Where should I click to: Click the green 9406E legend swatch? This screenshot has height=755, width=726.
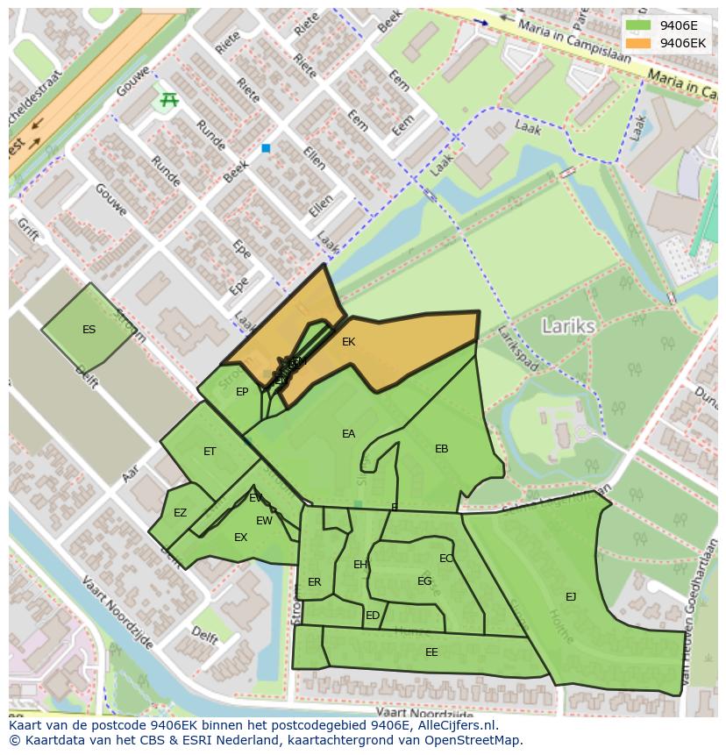[x=638, y=25]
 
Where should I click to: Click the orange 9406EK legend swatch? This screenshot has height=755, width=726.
[x=638, y=42]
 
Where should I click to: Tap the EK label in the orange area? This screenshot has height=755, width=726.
[x=348, y=342]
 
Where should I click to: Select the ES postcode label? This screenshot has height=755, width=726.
[x=89, y=330]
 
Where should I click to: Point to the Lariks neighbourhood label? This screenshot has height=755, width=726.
[x=568, y=326]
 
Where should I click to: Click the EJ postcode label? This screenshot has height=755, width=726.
[x=571, y=597]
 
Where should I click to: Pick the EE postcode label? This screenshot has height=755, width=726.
[x=431, y=652]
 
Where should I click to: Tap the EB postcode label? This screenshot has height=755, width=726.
[x=441, y=449]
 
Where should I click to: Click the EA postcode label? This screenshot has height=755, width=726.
[x=348, y=434]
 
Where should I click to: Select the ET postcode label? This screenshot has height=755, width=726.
[x=210, y=452]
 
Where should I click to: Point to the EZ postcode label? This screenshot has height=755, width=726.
[x=180, y=513]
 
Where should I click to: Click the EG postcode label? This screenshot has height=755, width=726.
[x=424, y=581]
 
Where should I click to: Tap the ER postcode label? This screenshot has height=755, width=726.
[x=315, y=582]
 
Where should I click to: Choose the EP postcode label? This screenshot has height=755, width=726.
[x=242, y=392]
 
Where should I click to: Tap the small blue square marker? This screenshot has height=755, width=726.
[x=266, y=149]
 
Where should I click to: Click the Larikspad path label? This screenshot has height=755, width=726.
[x=517, y=349]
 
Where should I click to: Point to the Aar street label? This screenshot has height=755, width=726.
[x=131, y=474]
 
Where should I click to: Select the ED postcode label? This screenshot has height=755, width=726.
[x=373, y=616]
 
